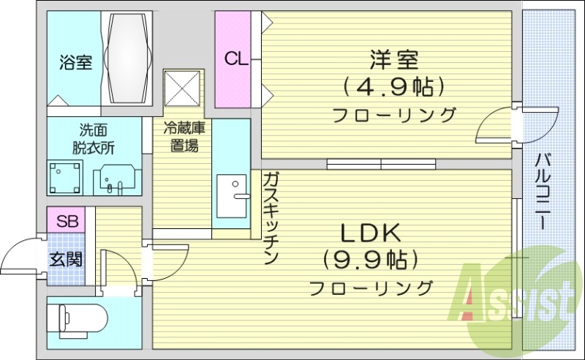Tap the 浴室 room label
click(75, 63)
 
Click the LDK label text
click(369, 233)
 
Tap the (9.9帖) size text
click(369, 259)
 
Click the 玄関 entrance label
click(65, 258)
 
